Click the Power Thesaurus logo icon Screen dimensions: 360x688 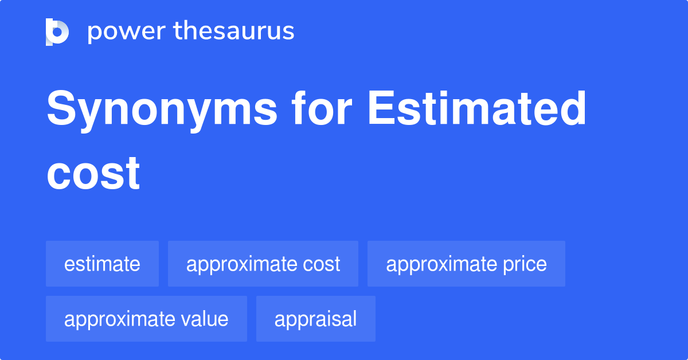pos(57,32)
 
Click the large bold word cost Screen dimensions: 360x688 pos(93,173)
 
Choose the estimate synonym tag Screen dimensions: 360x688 pos(102,264)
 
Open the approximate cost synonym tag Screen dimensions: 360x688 pos(263,264)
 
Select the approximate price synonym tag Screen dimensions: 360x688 pos(466,264)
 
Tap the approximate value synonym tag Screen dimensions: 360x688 pos(146,319)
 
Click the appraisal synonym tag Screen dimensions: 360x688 pos(315,319)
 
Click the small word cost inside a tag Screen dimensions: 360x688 pos(321,264)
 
